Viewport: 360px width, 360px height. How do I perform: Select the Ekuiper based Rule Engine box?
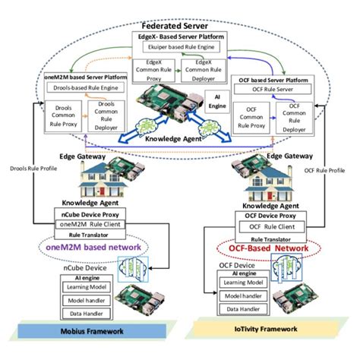click(x=180, y=46)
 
